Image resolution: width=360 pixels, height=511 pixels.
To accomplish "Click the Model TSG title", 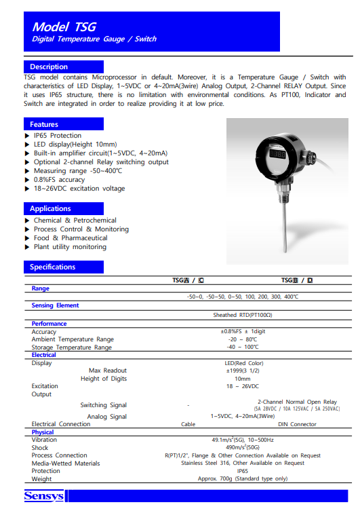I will tap(64, 26).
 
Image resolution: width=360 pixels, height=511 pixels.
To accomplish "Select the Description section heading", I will tap(49, 67).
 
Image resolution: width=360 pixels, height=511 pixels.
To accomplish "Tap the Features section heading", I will tap(44, 124).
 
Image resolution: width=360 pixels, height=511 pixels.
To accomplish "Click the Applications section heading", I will tap(50, 208).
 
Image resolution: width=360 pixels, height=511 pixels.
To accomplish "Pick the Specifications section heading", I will tap(53, 267).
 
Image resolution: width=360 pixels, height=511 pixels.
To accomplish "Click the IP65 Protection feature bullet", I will tap(58, 136).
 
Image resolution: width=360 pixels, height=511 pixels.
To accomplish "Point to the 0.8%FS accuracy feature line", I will tap(60, 180).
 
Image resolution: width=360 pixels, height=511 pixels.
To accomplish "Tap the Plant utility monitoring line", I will tap(70, 247).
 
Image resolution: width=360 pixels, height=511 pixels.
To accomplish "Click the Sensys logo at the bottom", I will tap(44, 496).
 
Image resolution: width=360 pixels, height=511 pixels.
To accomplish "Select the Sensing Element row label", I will tap(56, 305).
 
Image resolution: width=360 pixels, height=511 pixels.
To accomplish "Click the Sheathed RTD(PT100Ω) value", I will tap(242, 315).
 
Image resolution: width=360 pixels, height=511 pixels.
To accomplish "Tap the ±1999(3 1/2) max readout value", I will tap(242, 371).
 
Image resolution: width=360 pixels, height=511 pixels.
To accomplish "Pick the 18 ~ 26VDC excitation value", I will tap(242, 386).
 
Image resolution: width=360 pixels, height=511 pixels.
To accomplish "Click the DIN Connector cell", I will tap(297, 424).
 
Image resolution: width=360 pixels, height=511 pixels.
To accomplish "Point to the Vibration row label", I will tap(45, 440).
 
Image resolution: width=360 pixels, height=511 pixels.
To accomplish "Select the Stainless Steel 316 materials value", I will tap(242, 463).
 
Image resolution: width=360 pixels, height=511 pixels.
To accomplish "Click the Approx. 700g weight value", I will tap(242, 479).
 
